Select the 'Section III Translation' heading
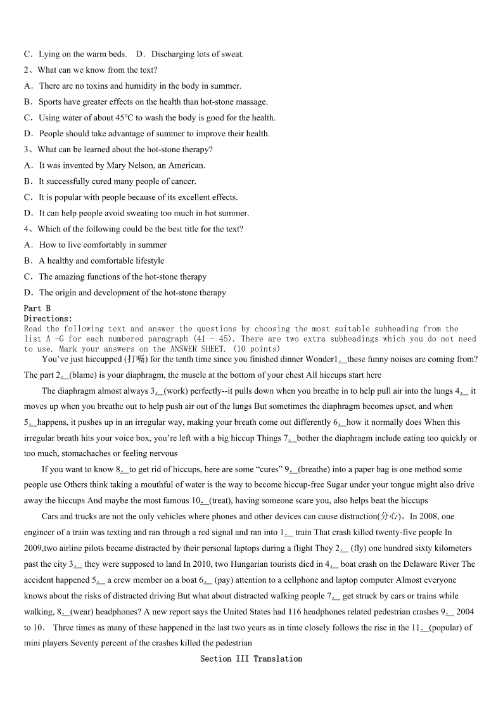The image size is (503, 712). [251, 659]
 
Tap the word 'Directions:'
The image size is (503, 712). [48, 318]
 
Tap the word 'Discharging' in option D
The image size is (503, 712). [172, 54]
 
